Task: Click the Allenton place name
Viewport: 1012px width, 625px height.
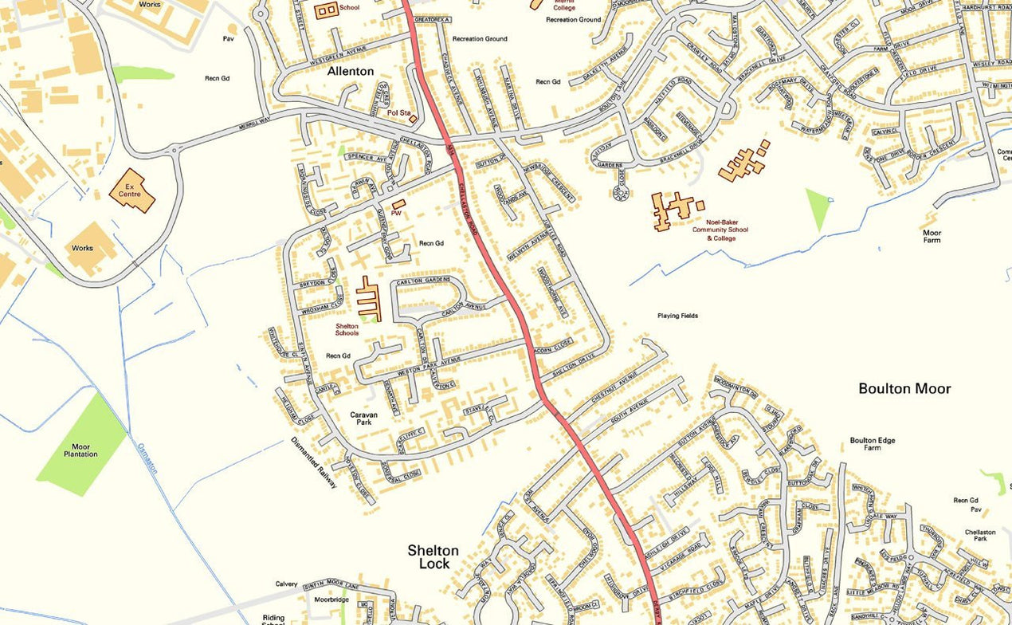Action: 350,71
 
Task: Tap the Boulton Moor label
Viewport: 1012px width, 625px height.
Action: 904,388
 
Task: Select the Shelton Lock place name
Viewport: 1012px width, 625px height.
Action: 433,556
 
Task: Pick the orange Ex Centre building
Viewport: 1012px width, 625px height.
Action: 131,191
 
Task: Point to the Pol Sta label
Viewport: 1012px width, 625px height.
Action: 398,113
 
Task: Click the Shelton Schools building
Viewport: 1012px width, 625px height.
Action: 369,299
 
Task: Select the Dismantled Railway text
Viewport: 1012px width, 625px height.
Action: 313,462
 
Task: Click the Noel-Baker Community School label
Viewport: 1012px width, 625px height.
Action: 720,230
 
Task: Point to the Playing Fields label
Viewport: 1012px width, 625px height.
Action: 677,316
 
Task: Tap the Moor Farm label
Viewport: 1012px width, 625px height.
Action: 932,236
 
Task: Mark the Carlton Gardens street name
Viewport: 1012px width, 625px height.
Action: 429,280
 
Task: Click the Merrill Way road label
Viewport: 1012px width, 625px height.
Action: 255,128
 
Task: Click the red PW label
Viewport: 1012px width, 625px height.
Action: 396,214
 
